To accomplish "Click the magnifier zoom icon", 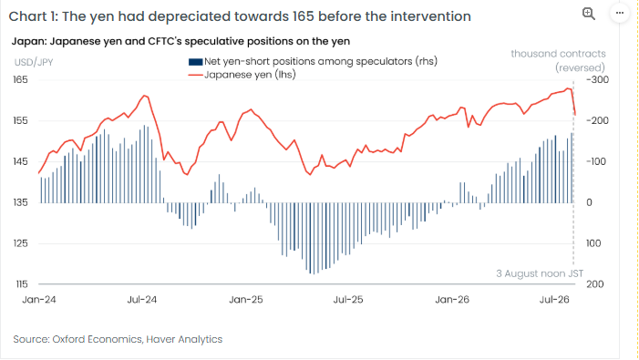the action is pyautogui.click(x=589, y=14).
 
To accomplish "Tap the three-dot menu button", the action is pyautogui.click(x=620, y=13).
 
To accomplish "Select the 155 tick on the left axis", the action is pyautogui.click(x=20, y=120).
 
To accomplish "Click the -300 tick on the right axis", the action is pyautogui.click(x=597, y=79).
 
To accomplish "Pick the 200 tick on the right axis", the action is pyautogui.click(x=595, y=284).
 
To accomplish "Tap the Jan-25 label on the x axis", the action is pyautogui.click(x=246, y=300).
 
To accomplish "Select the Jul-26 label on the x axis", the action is pyautogui.click(x=554, y=300).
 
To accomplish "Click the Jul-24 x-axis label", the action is pyautogui.click(x=142, y=300).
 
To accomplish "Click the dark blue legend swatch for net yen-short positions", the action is pyautogui.click(x=196, y=62).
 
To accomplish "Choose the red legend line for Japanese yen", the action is pyautogui.click(x=196, y=75).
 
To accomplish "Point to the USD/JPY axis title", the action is pyautogui.click(x=34, y=62).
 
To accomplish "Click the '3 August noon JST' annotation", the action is pyautogui.click(x=540, y=273).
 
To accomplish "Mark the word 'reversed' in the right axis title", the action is pyautogui.click(x=581, y=67).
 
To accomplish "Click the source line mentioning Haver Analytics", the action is pyautogui.click(x=118, y=339).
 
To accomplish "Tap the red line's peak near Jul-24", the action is pyautogui.click(x=145, y=96).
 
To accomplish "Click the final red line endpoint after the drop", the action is pyautogui.click(x=575, y=115).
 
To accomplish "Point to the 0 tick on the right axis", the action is pyautogui.click(x=589, y=202).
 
